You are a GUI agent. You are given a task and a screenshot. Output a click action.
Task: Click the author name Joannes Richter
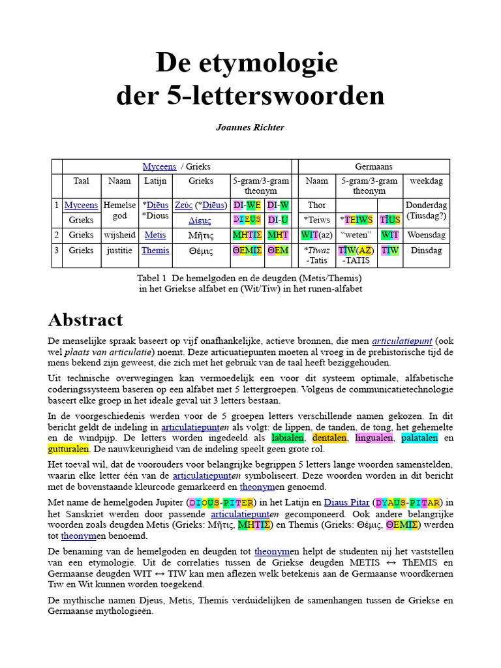tap(250, 128)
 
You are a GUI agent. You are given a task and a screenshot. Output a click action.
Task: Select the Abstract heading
tap(85, 320)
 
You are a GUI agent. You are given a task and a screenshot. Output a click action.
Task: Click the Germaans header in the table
tap(374, 166)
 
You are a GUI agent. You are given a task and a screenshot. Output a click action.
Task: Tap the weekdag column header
tap(427, 181)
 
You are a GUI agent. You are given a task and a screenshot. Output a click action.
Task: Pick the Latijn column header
tap(155, 181)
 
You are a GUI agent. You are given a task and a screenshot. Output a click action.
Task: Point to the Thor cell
tap(316, 205)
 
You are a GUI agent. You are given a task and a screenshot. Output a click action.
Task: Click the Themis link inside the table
tap(155, 250)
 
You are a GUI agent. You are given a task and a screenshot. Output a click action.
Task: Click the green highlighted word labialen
tap(288, 438)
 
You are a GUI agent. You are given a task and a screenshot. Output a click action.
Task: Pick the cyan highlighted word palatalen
tap(419, 438)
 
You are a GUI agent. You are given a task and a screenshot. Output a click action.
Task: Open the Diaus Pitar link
tap(344, 502)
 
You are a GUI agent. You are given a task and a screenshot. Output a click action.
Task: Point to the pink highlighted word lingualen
tap(375, 438)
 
